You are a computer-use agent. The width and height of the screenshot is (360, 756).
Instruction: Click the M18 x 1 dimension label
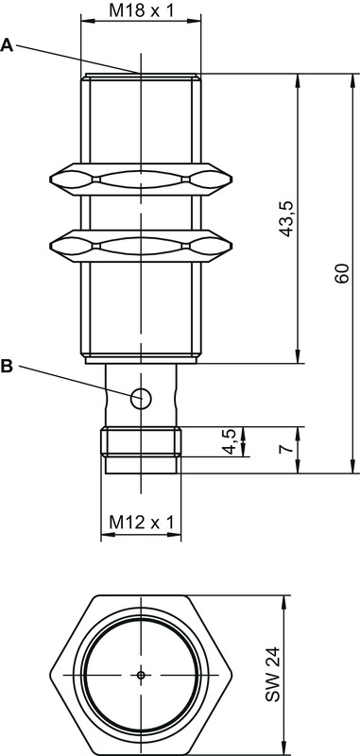pyautogui.click(x=140, y=10)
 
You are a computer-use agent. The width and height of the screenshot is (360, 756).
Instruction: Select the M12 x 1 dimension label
pyautogui.click(x=141, y=522)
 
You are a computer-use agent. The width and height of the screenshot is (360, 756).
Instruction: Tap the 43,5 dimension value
pyautogui.click(x=286, y=219)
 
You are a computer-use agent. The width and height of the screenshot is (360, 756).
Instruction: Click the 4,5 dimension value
pyautogui.click(x=230, y=441)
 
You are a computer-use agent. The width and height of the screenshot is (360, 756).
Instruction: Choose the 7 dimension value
pyautogui.click(x=285, y=449)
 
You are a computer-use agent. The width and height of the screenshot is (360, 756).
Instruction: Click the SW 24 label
pyautogui.click(x=272, y=674)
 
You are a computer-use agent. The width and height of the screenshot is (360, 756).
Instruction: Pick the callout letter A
pyautogui.click(x=8, y=45)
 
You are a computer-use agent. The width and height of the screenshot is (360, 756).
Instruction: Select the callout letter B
pyautogui.click(x=8, y=367)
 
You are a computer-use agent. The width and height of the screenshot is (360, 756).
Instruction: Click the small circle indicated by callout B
pyautogui.click(x=141, y=398)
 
